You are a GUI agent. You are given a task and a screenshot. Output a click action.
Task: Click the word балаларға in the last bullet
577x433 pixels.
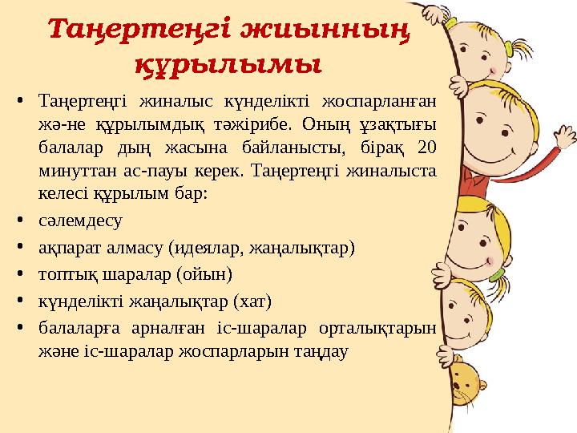[x=76, y=328]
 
